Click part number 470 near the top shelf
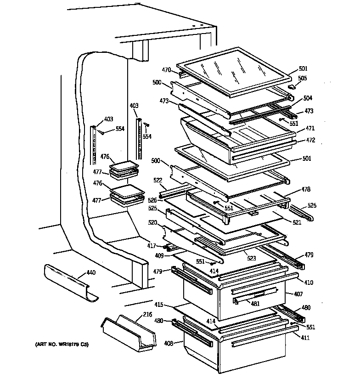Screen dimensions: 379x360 pyautogui.click(x=166, y=70)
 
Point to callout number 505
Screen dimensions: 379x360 pyautogui.click(x=303, y=78)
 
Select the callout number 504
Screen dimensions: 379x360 pyautogui.click(x=307, y=98)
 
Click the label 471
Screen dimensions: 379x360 pyautogui.click(x=310, y=129)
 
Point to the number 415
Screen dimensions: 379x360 pyautogui.click(x=158, y=304)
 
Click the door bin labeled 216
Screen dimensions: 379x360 pyautogui.click(x=126, y=331)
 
